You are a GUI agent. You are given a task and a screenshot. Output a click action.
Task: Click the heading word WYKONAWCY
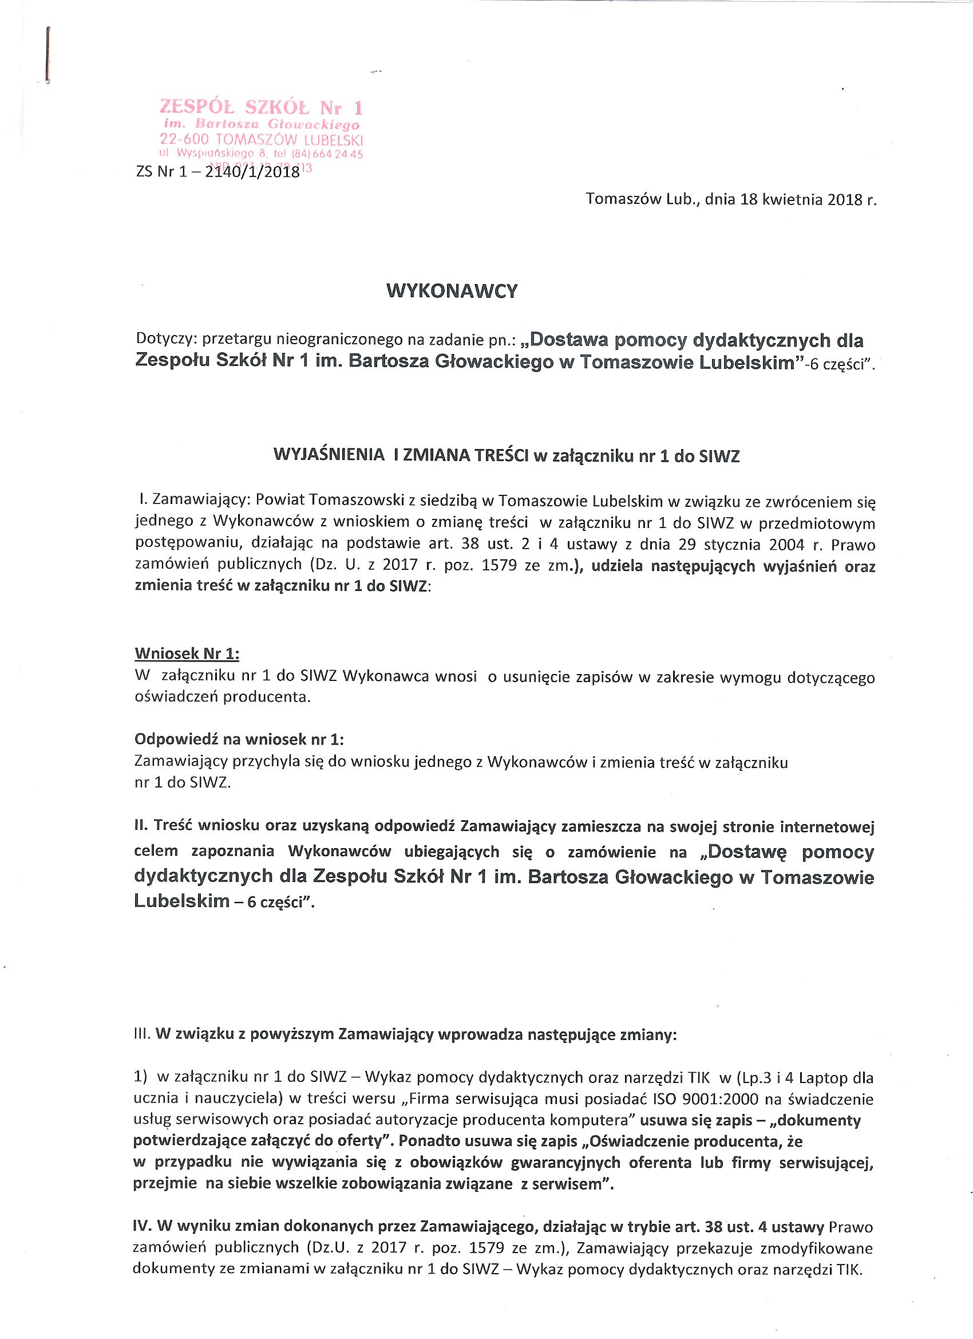[x=452, y=291]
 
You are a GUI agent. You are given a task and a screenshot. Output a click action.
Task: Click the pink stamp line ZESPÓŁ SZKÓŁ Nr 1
[x=261, y=108]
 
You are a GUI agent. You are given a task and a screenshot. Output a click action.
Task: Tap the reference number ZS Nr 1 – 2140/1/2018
[x=217, y=173]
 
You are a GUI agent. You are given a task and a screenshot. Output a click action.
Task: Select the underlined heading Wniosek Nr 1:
[x=187, y=654]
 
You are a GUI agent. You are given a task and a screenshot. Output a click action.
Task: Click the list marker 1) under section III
[x=141, y=1077]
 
